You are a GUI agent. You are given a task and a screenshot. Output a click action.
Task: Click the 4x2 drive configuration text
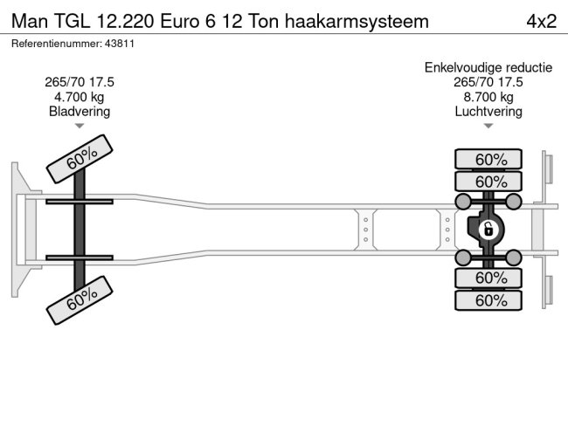click(541, 21)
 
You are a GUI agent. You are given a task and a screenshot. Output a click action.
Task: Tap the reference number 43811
click(119, 43)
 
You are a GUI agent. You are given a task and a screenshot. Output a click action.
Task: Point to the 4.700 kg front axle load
click(80, 97)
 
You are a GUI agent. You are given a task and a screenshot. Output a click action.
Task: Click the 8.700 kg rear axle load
click(488, 97)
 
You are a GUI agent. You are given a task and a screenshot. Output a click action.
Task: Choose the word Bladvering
click(80, 112)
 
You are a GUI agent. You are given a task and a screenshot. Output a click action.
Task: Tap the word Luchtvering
click(488, 112)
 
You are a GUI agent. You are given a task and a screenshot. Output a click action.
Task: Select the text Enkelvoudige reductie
click(488, 67)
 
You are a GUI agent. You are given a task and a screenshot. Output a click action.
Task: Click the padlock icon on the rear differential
click(488, 230)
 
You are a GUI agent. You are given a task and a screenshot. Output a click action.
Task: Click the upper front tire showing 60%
click(80, 159)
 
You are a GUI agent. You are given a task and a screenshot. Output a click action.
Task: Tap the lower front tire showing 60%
click(80, 299)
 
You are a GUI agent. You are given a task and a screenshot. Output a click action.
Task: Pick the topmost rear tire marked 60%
click(489, 159)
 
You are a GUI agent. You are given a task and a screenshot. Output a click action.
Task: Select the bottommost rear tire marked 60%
click(489, 300)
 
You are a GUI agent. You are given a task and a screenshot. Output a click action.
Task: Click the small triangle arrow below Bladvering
click(80, 127)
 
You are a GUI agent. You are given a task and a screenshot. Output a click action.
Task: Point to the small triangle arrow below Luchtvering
click(488, 127)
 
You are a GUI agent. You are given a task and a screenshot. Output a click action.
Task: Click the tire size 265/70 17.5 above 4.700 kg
click(80, 82)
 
